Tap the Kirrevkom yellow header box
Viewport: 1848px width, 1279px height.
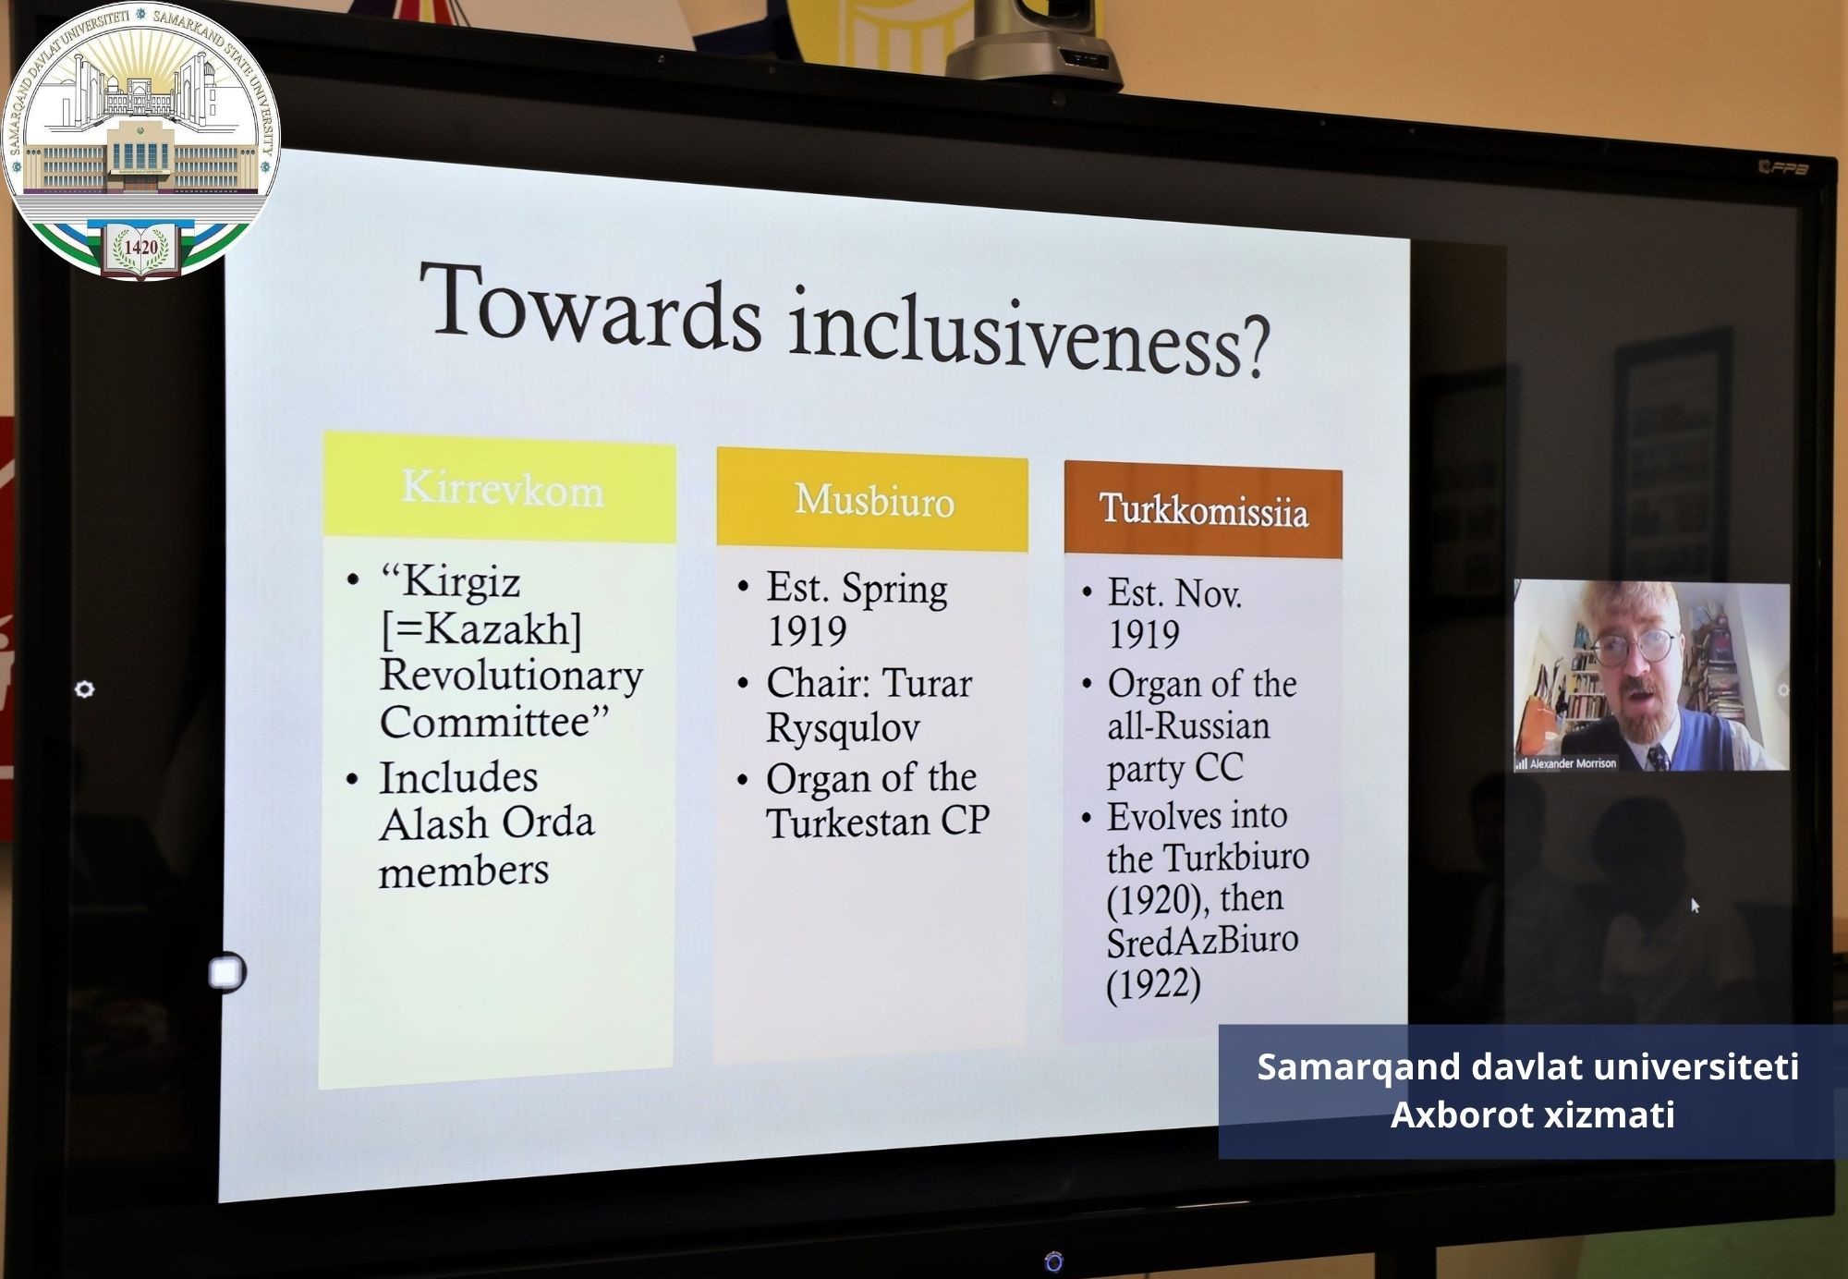(500, 487)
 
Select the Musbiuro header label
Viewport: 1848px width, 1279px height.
(874, 500)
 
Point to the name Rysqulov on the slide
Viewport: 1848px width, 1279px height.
(843, 729)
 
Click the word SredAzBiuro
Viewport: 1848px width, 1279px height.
(1202, 942)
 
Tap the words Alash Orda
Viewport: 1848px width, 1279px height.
(486, 823)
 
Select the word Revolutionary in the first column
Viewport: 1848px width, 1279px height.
(511, 676)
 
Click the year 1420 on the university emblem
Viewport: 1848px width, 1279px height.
(140, 248)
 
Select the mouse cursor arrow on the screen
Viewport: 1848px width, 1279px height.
(1695, 906)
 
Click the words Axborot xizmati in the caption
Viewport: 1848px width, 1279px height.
(1532, 1115)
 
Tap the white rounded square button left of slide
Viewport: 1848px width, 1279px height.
(226, 972)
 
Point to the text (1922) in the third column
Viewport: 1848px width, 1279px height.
(1153, 984)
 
